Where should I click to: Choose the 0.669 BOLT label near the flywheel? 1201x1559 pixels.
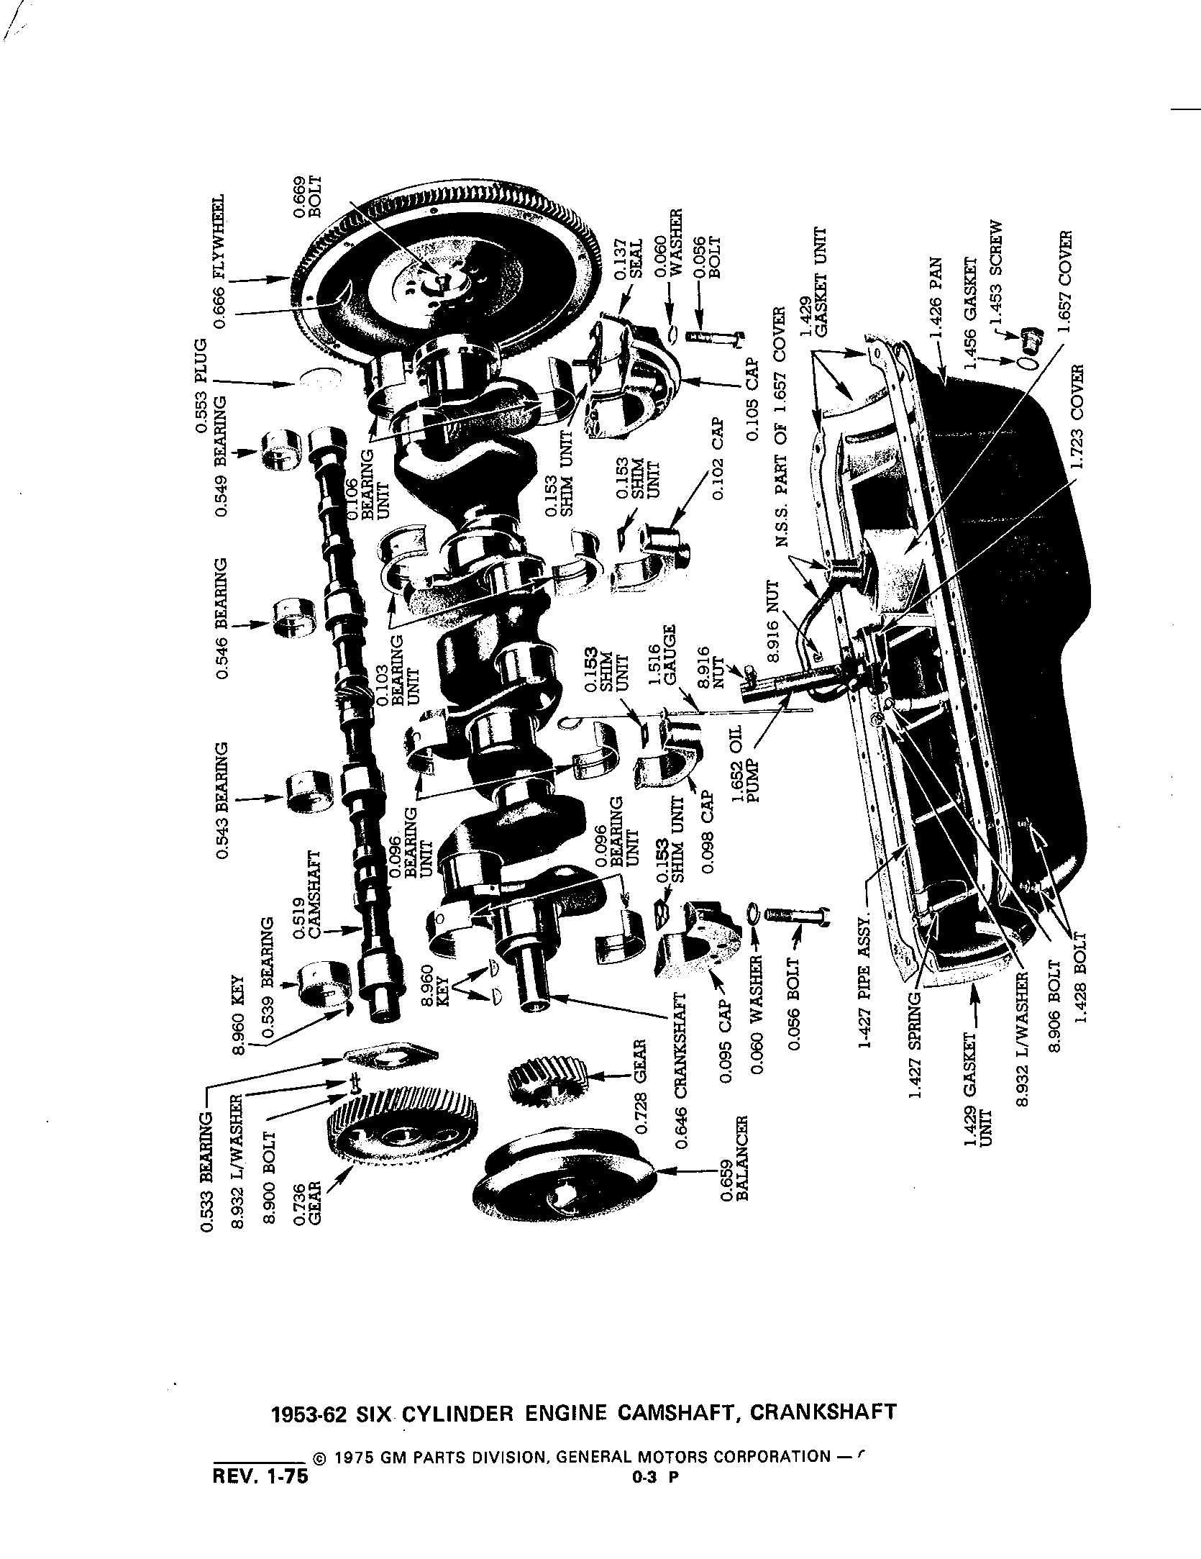point(306,193)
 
